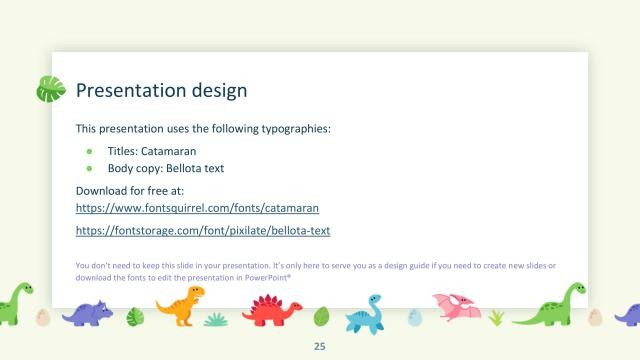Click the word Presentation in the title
pyautogui.click(x=121, y=91)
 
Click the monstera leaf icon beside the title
pyautogui.click(x=50, y=89)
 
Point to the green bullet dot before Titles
pyautogui.click(x=89, y=151)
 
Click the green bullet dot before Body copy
pyautogui.click(x=89, y=168)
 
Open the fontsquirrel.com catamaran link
pyautogui.click(x=197, y=208)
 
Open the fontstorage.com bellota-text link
pyautogui.click(x=203, y=231)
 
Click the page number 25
pyautogui.click(x=320, y=346)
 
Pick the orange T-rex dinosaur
pyautogui.click(x=179, y=305)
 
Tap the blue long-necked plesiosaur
pyautogui.click(x=367, y=312)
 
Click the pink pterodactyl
pyautogui.click(x=456, y=304)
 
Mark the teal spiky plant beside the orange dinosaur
pyautogui.click(x=215, y=319)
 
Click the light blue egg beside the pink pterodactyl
pyautogui.click(x=415, y=318)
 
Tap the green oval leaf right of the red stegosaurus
pyautogui.click(x=321, y=317)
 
